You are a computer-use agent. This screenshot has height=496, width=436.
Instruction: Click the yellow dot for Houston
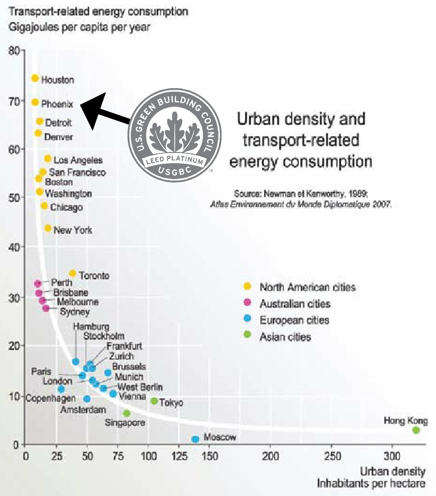[35, 78]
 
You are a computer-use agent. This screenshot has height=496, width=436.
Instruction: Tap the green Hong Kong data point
[416, 430]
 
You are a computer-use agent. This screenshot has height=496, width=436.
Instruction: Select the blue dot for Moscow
[195, 439]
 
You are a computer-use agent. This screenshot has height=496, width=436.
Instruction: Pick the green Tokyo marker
[154, 401]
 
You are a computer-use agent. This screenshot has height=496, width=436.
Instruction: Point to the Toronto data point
[73, 273]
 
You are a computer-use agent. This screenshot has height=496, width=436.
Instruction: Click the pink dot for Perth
[38, 283]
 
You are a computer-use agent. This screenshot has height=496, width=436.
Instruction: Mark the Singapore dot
[127, 413]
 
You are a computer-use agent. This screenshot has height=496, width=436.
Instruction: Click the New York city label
[73, 230]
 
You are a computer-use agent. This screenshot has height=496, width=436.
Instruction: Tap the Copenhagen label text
[50, 398]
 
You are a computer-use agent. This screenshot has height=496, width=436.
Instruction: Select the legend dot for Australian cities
[248, 302]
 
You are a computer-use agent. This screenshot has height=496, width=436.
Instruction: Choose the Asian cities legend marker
[248, 334]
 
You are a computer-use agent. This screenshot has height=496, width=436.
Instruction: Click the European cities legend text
[294, 320]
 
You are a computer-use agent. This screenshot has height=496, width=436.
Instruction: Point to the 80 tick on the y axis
[14, 51]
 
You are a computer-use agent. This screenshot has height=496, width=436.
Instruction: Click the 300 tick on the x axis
[392, 456]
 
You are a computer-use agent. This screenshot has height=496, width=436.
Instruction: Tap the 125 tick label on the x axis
[179, 456]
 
